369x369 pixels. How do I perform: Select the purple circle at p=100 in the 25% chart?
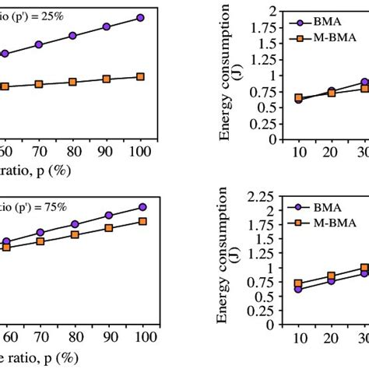(140, 17)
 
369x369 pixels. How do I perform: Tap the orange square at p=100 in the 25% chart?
(140, 76)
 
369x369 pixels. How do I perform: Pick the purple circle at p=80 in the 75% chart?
(75, 224)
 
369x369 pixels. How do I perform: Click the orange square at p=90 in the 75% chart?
(109, 228)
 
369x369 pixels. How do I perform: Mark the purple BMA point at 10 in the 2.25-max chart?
(298, 289)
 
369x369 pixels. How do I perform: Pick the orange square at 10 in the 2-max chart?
(298, 98)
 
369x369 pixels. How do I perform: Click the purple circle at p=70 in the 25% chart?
(40, 45)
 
